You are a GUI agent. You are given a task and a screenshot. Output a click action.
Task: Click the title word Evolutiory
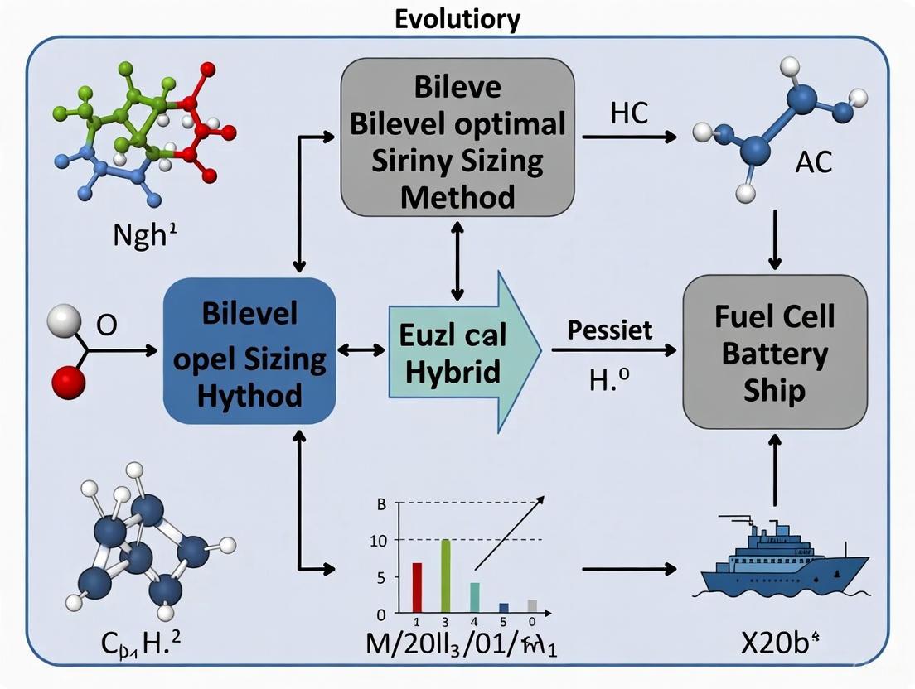[457, 18]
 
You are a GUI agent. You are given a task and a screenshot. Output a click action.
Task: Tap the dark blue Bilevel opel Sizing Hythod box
[249, 351]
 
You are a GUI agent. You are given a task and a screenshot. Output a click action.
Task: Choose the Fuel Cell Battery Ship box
[774, 351]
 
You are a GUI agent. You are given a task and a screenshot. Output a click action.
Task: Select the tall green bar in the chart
[446, 576]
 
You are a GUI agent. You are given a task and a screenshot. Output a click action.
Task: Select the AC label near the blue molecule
[812, 161]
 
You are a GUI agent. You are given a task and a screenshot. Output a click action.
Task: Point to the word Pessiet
[610, 330]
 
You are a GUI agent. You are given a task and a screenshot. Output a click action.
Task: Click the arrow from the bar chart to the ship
[630, 570]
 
